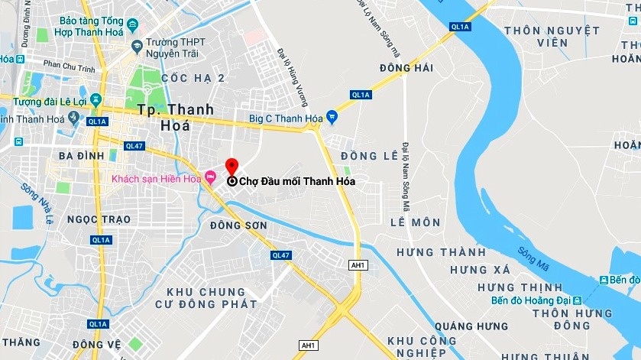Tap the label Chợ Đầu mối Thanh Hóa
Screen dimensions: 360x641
298,182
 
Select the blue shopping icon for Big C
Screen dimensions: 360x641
331,117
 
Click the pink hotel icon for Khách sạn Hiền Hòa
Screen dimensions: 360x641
210,180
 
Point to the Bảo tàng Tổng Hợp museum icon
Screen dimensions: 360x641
133,25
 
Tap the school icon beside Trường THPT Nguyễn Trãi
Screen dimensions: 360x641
137,47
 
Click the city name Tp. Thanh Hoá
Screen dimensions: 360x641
176,118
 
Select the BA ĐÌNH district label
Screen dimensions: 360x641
80,155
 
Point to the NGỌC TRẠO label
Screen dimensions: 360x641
99,219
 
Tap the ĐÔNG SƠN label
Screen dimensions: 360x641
238,225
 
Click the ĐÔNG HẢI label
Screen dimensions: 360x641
406,68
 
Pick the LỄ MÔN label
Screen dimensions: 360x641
415,222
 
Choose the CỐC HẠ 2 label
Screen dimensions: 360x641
193,78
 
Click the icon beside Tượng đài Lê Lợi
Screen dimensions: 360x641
96,101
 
